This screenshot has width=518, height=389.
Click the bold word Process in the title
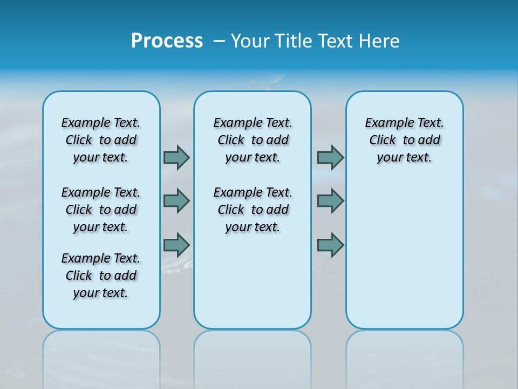click(x=167, y=41)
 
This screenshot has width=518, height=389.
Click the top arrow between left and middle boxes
click(x=176, y=157)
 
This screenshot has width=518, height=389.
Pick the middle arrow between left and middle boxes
click(x=176, y=201)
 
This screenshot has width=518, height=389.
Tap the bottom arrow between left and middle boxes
click(x=176, y=245)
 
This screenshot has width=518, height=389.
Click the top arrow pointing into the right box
click(x=330, y=157)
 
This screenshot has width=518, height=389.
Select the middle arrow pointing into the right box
click(x=330, y=201)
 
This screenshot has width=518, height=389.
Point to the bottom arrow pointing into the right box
click(x=330, y=245)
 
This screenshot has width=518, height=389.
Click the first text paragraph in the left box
click(x=101, y=140)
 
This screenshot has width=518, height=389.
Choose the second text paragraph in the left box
click(x=101, y=210)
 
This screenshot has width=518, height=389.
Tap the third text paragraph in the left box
click(x=101, y=276)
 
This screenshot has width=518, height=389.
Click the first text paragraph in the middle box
click(x=253, y=140)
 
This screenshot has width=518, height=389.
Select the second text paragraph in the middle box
click(x=253, y=210)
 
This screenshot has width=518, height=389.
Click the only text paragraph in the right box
click(x=404, y=140)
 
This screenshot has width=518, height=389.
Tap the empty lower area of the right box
click(x=404, y=259)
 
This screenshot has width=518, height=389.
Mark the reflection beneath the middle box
click(x=253, y=357)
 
